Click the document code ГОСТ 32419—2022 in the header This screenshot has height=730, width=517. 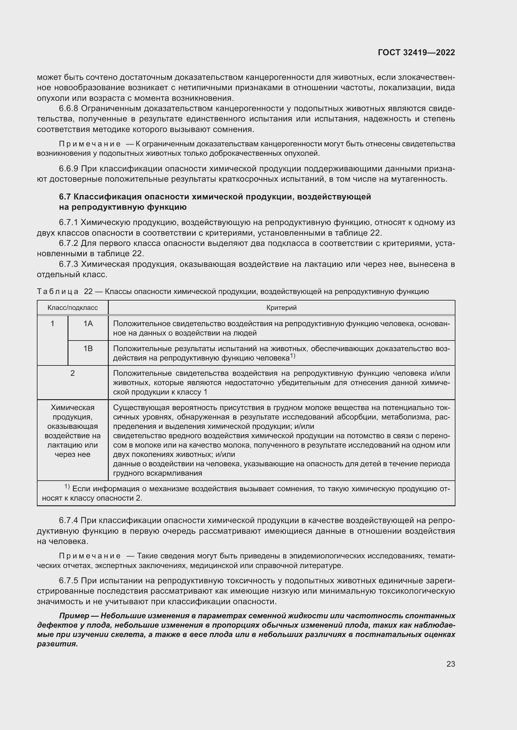click(416, 52)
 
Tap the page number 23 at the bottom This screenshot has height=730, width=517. click(450, 664)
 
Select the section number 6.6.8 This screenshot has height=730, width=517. click(68, 109)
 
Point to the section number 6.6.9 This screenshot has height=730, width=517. click(68, 169)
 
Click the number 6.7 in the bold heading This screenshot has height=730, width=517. click(65, 197)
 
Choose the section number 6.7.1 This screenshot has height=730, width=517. click(68, 223)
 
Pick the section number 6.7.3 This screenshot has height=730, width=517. click(68, 264)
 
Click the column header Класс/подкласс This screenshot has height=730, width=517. click(73, 308)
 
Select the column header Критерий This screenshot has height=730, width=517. click(281, 308)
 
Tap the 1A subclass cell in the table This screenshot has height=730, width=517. click(88, 324)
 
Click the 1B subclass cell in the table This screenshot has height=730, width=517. click(88, 349)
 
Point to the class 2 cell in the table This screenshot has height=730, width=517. click(73, 373)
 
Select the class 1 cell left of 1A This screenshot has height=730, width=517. click(53, 324)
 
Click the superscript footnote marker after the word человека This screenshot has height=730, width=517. click(293, 356)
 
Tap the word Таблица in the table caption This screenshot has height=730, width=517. click(58, 292)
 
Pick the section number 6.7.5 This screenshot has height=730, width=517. click(68, 581)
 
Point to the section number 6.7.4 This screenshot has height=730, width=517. click(68, 521)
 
